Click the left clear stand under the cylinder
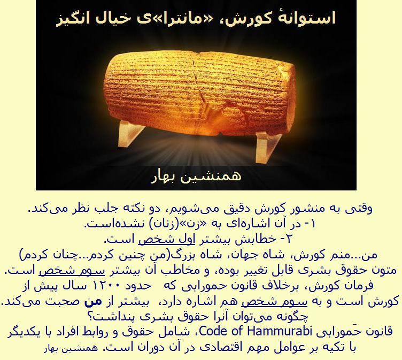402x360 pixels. [x=131, y=133]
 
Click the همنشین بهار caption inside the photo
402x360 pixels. [x=196, y=177]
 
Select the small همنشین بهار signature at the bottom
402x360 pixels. [x=71, y=349]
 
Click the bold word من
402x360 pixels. [x=94, y=301]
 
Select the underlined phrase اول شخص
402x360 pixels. [x=167, y=240]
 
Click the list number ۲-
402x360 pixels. [x=286, y=239]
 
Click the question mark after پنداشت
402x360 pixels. [x=91, y=317]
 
